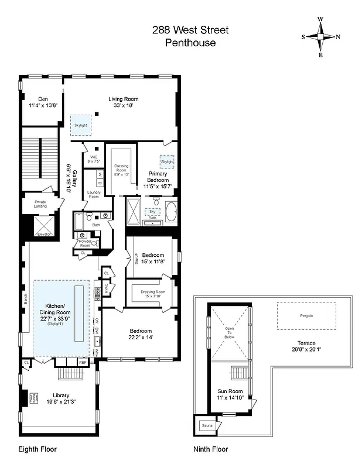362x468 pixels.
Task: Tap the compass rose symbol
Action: pyautogui.click(x=320, y=37)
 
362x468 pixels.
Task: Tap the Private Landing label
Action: pyautogui.click(x=40, y=204)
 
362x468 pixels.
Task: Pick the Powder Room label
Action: pyautogui.click(x=85, y=244)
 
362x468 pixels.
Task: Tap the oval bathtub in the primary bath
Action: pyautogui.click(x=172, y=212)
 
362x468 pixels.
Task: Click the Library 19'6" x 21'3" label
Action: pyautogui.click(x=60, y=397)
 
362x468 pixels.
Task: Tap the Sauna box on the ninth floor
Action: pyautogui.click(x=207, y=426)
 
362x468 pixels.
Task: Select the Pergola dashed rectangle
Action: pyautogui.click(x=306, y=316)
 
